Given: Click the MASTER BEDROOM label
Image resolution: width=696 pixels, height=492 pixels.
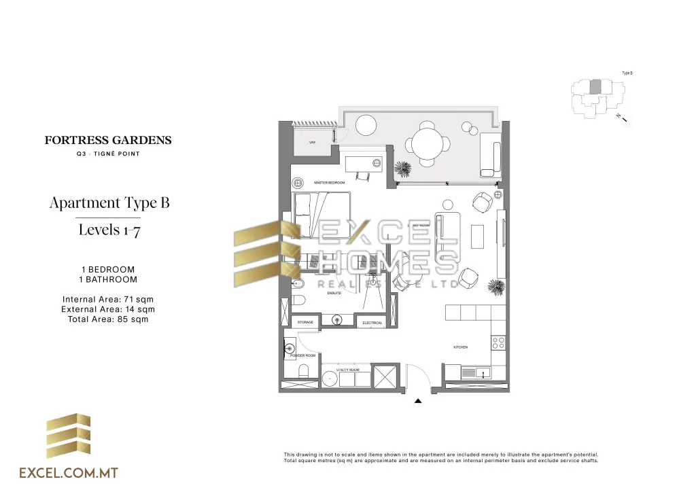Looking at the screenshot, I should click(330, 183).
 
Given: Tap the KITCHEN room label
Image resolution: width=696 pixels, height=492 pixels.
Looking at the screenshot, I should click(460, 347).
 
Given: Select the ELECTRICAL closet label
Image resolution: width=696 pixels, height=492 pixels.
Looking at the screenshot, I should click(372, 323).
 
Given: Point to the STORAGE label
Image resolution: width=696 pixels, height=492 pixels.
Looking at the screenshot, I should click(305, 322).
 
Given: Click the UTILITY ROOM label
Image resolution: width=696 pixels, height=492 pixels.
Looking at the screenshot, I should click(347, 370).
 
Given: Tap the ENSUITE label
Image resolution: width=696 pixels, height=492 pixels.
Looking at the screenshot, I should click(333, 292).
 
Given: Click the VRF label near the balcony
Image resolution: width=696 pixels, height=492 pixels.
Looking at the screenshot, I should click(313, 143).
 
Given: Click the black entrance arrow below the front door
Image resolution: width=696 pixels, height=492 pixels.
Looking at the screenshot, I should click(418, 402).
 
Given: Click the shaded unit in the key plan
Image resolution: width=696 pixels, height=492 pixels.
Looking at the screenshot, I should click(595, 86).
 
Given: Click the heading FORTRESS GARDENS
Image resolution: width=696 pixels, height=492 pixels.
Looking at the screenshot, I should click(108, 141).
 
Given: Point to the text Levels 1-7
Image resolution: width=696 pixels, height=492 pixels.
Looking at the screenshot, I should click(109, 230).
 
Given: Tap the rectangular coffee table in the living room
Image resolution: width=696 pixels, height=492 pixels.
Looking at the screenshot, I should click(478, 234).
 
